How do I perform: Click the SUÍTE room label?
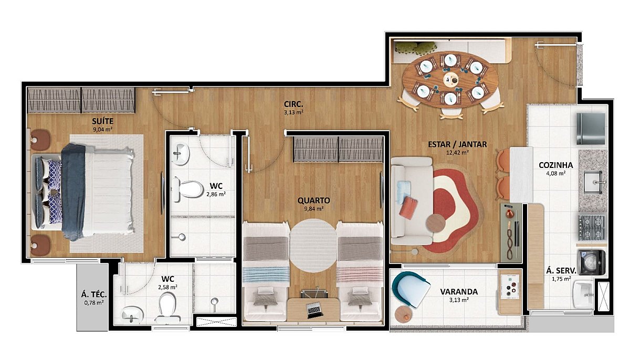[103, 121]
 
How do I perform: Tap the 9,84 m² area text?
[313, 209]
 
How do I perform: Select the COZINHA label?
[556, 165]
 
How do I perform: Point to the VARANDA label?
[459, 292]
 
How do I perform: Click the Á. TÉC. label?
[93, 294]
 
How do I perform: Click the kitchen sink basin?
[593, 183]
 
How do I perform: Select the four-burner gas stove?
[592, 227]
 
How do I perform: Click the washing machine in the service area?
[592, 262]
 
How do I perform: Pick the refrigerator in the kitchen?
[591, 129]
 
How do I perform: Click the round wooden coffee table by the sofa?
[436, 223]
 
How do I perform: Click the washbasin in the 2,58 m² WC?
[132, 314]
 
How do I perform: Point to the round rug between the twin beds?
[313, 246]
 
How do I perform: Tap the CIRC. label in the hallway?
[293, 104]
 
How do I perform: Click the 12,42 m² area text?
[457, 153]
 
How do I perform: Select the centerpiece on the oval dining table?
[451, 79]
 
